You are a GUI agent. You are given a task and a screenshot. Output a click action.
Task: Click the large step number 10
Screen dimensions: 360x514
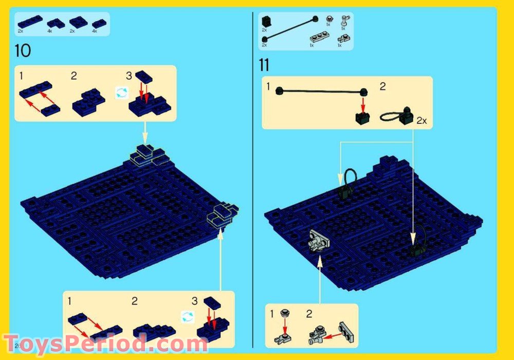tap(23, 51)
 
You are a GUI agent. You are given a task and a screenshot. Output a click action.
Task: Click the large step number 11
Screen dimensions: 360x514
tap(264, 65)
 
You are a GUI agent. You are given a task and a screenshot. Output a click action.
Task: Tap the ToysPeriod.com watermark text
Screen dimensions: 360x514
tap(105, 344)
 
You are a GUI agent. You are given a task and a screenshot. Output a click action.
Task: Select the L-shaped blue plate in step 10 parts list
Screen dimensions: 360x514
tap(56, 23)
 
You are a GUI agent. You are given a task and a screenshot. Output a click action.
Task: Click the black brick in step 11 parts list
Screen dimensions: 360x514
tap(266, 22)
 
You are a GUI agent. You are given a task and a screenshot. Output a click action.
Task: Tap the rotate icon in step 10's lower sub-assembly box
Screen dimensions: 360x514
tap(187, 317)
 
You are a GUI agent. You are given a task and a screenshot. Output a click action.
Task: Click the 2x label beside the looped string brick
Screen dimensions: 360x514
tap(421, 121)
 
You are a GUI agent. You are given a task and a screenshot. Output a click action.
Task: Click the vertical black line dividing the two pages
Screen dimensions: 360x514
tap(253, 180)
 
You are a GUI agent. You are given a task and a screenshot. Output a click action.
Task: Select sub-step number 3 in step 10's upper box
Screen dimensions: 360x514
tap(128, 76)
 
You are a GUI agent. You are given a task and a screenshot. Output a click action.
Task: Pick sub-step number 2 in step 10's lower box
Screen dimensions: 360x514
tap(134, 301)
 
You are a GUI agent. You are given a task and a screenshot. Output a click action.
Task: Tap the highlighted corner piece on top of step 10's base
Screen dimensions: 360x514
tap(148, 155)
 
